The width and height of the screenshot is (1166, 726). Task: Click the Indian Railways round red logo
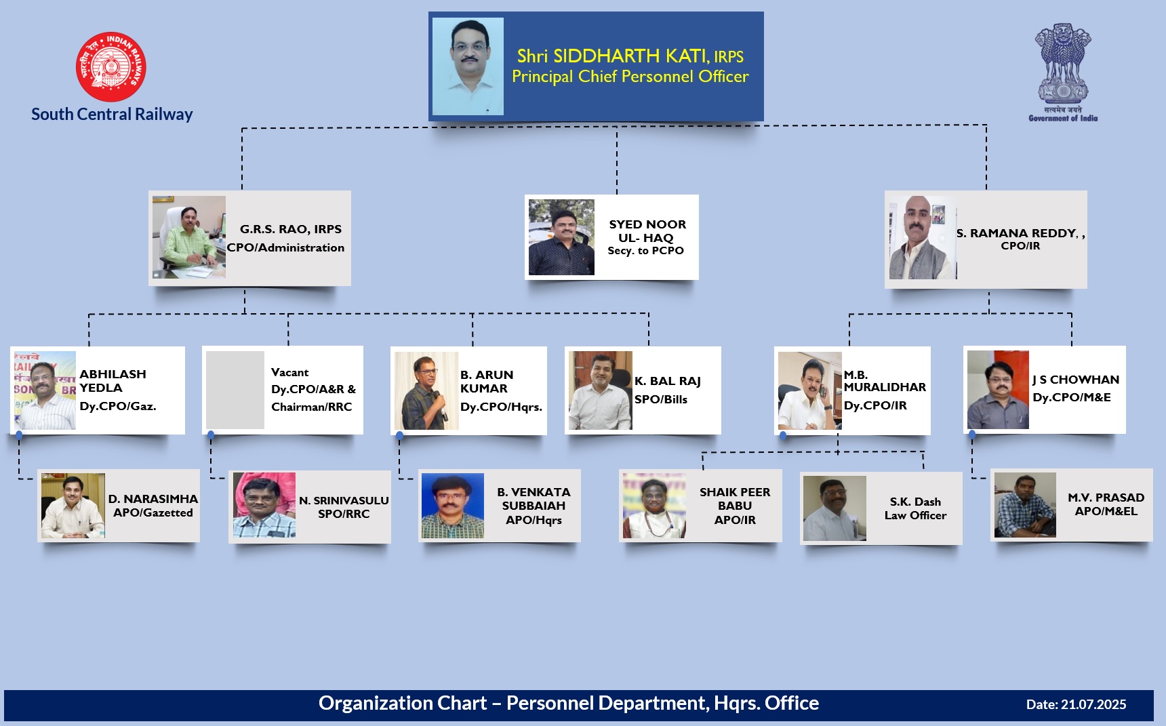[x=111, y=66]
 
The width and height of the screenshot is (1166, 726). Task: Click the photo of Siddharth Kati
[x=468, y=66]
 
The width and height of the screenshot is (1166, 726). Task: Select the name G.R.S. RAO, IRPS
[x=291, y=229]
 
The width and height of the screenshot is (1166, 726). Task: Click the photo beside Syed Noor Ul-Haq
[x=561, y=237]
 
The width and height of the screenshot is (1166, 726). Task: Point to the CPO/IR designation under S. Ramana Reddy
[x=1020, y=246]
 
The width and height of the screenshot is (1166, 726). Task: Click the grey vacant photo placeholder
[x=235, y=390]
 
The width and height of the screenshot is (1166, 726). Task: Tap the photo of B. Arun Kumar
[x=426, y=390]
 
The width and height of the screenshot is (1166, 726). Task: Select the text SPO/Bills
[x=661, y=399]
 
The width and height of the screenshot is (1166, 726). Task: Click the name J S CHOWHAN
[x=1076, y=380]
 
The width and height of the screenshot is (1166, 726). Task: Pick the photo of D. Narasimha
[x=73, y=506]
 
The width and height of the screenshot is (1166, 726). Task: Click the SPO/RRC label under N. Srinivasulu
[x=344, y=514]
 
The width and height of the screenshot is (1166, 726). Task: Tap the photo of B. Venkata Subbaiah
[x=453, y=506]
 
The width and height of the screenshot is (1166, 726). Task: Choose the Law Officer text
[x=915, y=515]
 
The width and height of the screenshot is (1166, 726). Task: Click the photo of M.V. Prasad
[x=1025, y=505]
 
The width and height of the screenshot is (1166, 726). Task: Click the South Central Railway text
[x=112, y=114]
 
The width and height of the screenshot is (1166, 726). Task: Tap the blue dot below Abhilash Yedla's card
[x=19, y=435]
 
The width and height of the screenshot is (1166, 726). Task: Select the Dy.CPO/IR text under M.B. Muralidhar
[x=875, y=405]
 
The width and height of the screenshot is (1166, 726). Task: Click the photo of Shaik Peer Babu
[x=654, y=506]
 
